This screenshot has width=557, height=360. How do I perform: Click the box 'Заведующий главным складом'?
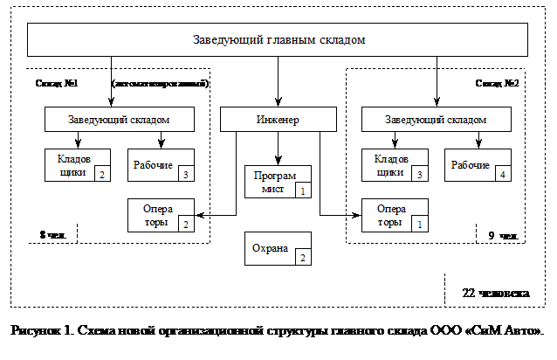(278, 39)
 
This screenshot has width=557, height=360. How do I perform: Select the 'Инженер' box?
(278, 119)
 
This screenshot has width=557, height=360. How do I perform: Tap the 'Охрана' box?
(278, 248)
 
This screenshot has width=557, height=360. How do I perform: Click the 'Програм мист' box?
(278, 181)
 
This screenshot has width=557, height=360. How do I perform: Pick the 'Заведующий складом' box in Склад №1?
(119, 119)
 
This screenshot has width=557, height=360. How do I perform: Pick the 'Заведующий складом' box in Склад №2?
(436, 119)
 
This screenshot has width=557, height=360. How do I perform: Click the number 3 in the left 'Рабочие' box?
(186, 176)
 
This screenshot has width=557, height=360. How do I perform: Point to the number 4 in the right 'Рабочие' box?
(503, 176)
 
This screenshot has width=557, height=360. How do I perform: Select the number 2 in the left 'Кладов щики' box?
(102, 176)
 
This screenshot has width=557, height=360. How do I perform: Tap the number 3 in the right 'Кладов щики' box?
(420, 176)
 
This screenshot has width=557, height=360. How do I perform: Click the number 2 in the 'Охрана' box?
(302, 258)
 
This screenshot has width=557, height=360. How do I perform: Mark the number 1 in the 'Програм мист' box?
(302, 190)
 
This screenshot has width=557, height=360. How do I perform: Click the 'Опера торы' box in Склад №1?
(162, 215)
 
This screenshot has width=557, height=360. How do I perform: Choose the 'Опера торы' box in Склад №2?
(395, 215)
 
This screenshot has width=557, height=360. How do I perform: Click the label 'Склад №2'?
(498, 84)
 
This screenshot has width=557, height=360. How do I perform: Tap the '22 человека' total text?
(494, 292)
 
